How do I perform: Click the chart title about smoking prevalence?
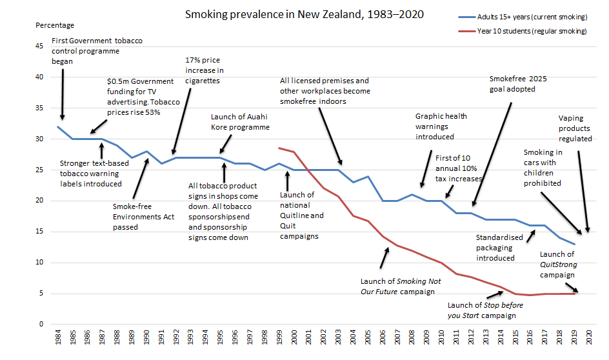coord(304,14)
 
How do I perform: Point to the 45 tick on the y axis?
coord(39,46)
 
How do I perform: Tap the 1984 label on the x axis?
coord(59,340)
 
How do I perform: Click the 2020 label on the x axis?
coord(588,340)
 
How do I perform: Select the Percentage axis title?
coord(55,25)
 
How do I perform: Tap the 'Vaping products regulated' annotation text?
coord(575,128)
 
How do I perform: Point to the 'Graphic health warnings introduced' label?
coord(441,126)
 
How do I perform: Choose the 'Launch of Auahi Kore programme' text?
coord(240,122)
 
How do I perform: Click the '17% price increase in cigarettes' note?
coord(204,71)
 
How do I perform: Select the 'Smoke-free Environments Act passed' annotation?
coord(143,217)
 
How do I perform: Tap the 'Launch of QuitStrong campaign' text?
coord(557,265)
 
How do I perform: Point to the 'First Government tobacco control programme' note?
coord(97,50)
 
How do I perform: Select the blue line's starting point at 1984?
coord(59,126)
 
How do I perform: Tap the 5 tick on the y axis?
coord(40,294)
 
